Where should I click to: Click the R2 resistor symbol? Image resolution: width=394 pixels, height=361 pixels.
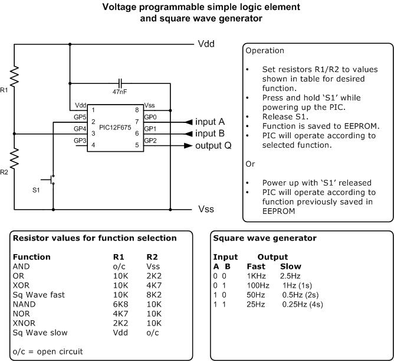14,158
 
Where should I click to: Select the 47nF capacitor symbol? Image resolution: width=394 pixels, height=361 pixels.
120,82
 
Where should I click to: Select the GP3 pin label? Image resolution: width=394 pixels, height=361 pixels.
80,141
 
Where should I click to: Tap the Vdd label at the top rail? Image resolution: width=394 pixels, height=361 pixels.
205,44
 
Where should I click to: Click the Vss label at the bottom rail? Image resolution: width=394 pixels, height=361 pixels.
206,209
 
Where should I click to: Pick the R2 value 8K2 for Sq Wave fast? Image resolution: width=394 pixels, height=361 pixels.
153,294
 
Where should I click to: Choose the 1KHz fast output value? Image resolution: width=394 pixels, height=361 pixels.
257,276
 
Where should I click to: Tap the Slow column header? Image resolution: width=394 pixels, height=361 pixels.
291,266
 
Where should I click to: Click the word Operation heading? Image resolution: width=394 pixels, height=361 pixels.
265,51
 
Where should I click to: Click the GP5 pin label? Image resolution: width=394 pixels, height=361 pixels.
80,118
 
